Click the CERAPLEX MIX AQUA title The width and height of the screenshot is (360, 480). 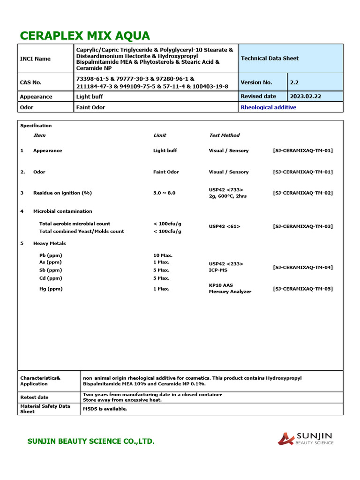point(85,36)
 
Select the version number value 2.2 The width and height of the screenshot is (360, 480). point(294,82)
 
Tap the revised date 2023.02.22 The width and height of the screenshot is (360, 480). point(306,96)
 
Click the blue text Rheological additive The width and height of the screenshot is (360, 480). point(268,107)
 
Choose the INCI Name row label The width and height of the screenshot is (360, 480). point(35,59)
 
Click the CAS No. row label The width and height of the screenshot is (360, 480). point(31,82)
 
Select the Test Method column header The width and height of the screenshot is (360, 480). point(224,135)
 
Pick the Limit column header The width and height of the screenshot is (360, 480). point(159,135)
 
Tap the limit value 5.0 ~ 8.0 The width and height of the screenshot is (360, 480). point(164,193)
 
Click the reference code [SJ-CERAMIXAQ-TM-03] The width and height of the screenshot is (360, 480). point(303,226)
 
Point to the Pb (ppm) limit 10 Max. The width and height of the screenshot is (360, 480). point(163,255)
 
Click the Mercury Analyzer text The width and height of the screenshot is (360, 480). point(230,292)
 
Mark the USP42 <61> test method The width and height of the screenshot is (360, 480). point(224,226)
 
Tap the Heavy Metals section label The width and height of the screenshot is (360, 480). point(49,243)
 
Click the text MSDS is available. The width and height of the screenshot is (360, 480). point(105,409)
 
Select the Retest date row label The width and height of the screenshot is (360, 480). point(34,397)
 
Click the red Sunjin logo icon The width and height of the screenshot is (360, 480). point(285,439)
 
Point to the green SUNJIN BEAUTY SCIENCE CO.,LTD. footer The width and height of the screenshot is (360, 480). point(90,442)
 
